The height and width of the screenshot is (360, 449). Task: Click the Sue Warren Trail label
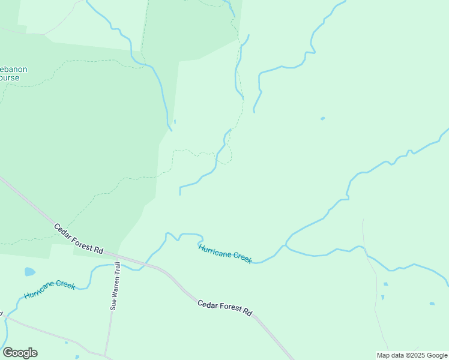click(115, 286)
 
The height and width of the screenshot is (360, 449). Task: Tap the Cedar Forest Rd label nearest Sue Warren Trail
click(79, 238)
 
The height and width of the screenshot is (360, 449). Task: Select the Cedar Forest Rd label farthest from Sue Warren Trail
click(224, 308)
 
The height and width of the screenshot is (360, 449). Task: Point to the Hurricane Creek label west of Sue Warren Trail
click(49, 289)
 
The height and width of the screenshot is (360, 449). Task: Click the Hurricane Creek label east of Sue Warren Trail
click(224, 254)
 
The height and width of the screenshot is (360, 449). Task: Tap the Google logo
click(20, 353)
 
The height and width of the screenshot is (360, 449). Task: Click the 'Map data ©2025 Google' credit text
click(412, 355)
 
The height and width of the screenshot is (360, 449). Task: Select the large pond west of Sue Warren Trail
click(29, 272)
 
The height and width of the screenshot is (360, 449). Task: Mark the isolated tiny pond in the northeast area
click(323, 118)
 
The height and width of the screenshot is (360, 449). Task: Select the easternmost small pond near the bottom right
click(432, 304)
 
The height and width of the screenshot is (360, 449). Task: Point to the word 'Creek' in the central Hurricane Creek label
click(242, 257)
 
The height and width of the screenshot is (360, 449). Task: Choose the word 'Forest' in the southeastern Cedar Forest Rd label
click(226, 308)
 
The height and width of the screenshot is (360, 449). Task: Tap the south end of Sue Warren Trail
click(106, 354)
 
